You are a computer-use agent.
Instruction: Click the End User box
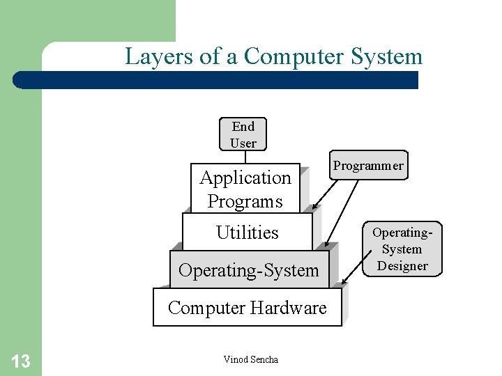243,134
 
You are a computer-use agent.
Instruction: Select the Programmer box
368,166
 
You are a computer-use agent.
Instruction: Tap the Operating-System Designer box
402,249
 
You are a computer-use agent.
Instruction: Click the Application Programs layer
245,189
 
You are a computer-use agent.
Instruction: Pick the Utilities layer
247,233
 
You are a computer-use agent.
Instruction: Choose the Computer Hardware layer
247,308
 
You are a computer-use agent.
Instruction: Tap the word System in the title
388,56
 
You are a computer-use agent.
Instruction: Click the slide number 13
21,361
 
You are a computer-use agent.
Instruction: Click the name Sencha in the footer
264,359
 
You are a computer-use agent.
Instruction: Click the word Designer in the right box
402,265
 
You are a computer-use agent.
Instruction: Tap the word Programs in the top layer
245,201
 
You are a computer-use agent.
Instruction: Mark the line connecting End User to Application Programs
245,157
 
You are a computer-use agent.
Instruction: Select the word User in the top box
243,143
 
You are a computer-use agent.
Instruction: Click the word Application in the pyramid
245,178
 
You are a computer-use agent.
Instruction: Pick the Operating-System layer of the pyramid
248,270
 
